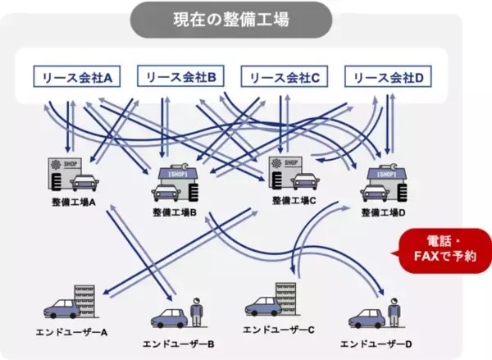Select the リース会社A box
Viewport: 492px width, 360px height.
coord(76,77)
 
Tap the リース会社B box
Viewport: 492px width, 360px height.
coord(180,77)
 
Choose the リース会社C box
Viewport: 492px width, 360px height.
coord(284,77)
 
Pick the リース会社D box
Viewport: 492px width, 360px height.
coord(389,77)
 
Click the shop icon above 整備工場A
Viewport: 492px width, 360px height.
coord(75,173)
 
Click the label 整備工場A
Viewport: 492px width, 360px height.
coord(74,203)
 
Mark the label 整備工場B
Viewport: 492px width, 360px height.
coord(174,212)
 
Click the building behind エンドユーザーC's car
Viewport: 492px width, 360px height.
coord(284,298)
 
